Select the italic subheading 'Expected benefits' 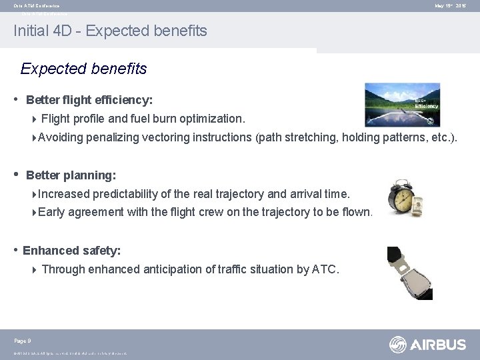(x=84, y=69)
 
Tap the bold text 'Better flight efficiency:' (x=89, y=100)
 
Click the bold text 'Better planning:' (x=71, y=175)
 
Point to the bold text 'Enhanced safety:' (x=71, y=251)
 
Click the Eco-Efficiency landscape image (x=402, y=105)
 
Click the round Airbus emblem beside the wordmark (x=399, y=345)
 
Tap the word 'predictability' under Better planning (x=125, y=193)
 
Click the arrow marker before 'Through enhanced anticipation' (x=35, y=270)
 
